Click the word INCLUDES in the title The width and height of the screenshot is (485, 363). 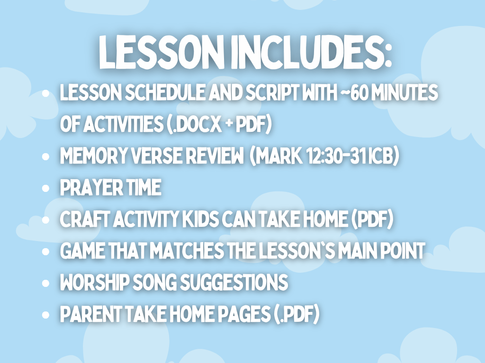pyautogui.click(x=311, y=52)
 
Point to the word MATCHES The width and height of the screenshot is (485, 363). pyautogui.click(x=189, y=251)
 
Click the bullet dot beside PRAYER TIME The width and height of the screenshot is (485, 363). pyautogui.click(x=45, y=188)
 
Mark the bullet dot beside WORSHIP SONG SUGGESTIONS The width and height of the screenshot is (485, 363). pyautogui.click(x=45, y=283)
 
